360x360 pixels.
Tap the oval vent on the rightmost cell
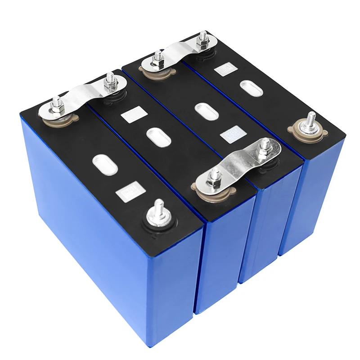[x=252, y=88]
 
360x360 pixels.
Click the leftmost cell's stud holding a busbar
[x=57, y=107]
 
